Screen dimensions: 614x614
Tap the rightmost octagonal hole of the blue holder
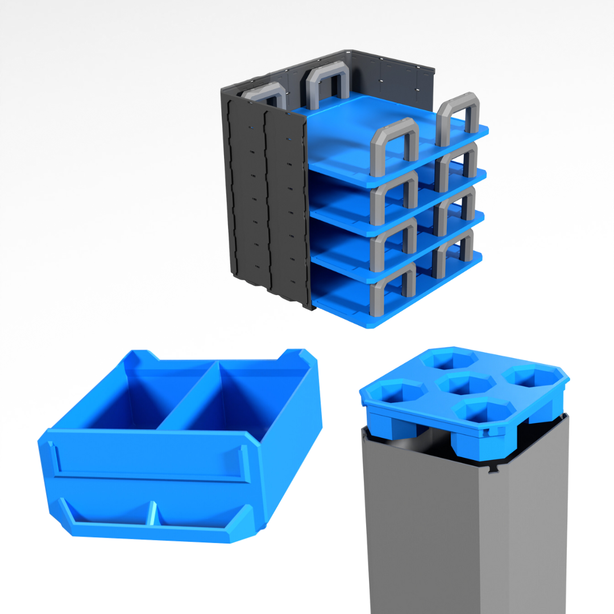[x=532, y=376]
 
